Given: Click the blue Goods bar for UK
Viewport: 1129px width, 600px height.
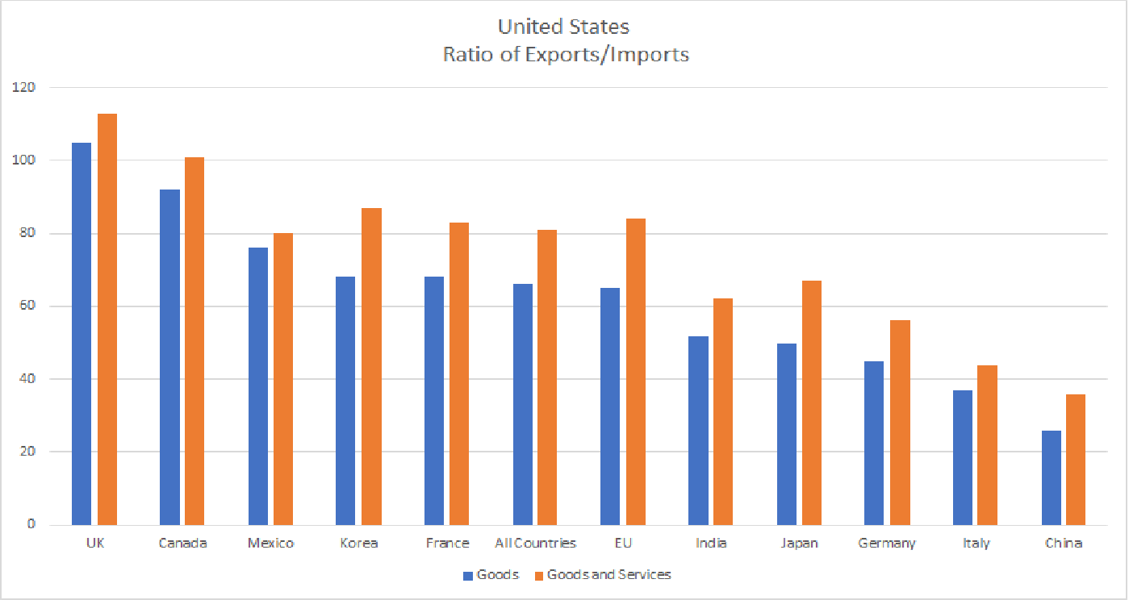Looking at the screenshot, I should click(x=82, y=334).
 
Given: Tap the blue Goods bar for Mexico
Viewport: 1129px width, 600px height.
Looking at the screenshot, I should click(x=258, y=386).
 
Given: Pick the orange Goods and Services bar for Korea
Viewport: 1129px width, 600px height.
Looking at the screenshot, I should click(x=371, y=366).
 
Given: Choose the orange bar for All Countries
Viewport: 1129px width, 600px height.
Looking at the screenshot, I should click(x=547, y=377).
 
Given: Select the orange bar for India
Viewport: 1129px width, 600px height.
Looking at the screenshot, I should click(x=723, y=412).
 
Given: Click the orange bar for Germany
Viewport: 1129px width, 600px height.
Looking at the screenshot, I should click(x=900, y=423).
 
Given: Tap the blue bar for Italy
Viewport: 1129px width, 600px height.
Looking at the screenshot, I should click(x=963, y=458).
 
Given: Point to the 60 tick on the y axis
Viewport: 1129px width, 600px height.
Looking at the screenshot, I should click(x=28, y=306).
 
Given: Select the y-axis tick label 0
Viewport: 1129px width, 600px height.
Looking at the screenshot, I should click(x=31, y=524).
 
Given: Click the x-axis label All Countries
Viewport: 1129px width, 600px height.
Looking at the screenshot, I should click(x=535, y=544).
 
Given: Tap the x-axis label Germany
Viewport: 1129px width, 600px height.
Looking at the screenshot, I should click(x=888, y=544).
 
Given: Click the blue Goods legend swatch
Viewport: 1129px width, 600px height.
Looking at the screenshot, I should click(x=468, y=576).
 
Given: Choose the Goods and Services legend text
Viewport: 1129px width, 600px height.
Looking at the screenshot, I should click(x=608, y=575).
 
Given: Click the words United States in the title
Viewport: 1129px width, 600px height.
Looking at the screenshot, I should click(x=563, y=27).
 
